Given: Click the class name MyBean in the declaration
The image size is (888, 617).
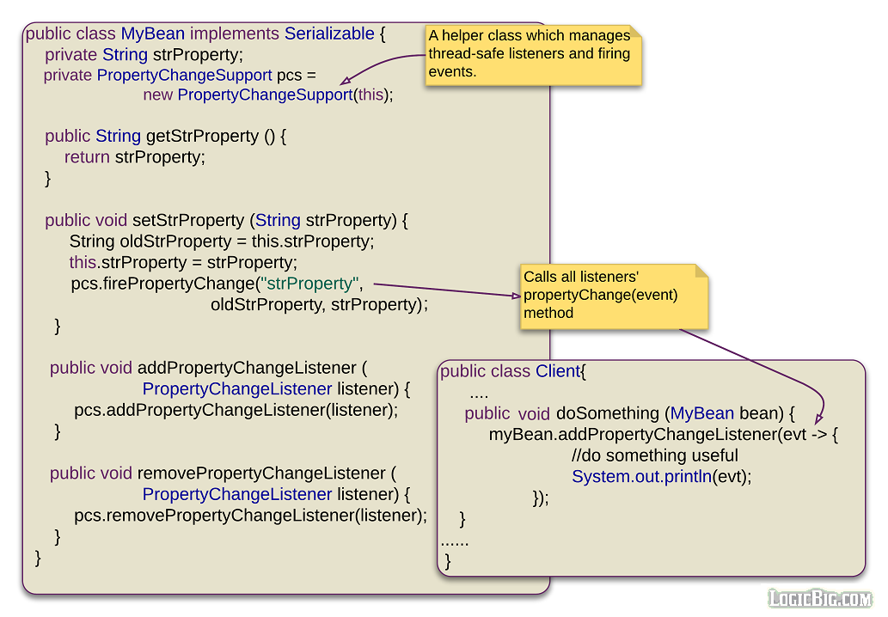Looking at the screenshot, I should tap(152, 34).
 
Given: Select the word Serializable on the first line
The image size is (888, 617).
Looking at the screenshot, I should tap(329, 34).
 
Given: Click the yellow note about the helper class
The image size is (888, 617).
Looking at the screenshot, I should tap(533, 54).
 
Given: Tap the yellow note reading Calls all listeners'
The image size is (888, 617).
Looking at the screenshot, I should tap(614, 296).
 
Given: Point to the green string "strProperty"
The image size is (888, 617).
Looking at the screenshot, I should tap(309, 284).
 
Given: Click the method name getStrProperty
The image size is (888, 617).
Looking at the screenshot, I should tap(214, 137).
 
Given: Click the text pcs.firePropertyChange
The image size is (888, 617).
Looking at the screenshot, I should tap(163, 284).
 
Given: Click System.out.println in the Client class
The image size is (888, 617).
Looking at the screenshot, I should tap(640, 477).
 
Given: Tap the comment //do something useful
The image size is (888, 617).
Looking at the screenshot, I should tap(654, 455).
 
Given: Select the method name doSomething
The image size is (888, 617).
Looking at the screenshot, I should tap(607, 413).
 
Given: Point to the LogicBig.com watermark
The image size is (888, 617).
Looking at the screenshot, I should tap(819, 598).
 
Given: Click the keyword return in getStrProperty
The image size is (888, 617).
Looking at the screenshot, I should tap(87, 157).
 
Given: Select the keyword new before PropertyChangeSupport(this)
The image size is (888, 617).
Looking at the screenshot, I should tap(158, 95).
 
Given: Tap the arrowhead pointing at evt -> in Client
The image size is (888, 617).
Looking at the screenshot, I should tap(819, 417).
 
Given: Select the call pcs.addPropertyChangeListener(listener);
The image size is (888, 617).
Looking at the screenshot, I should tap(236, 410).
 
